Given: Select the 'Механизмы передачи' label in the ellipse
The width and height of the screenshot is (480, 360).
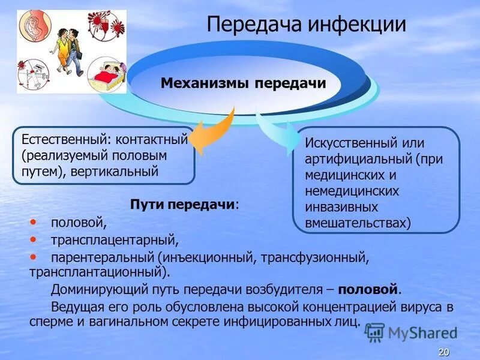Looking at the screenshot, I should pos(243,83).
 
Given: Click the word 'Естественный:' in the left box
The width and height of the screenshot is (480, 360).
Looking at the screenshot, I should pos(65,139).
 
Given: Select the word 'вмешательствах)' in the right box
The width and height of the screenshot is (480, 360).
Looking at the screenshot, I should pos(358,222).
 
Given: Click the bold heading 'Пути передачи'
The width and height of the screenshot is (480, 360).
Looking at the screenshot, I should pos(182,205).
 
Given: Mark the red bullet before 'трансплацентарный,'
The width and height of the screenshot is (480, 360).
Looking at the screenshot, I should pos(33,239).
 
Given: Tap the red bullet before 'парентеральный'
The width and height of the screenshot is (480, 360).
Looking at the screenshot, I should pos(33,256).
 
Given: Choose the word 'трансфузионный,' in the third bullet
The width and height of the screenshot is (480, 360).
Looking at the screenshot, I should pos(325,257).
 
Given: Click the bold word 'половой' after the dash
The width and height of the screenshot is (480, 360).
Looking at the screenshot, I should pos(368,289).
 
